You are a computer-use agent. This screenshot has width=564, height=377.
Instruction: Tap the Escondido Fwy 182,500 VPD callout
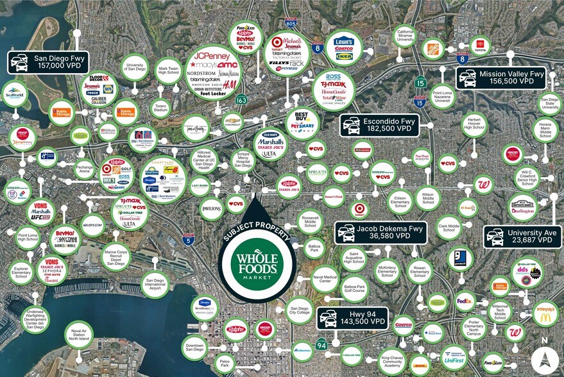click(x=379, y=125)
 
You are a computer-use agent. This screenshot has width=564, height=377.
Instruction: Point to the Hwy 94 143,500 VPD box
click(x=352, y=317)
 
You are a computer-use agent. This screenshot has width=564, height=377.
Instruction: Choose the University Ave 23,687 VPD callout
click(x=524, y=237)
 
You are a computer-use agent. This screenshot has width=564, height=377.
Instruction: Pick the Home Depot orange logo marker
click(x=434, y=48)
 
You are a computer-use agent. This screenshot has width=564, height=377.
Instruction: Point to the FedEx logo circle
click(x=465, y=299)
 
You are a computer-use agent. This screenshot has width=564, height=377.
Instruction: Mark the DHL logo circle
click(x=419, y=362)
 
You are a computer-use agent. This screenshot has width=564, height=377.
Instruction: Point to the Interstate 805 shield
click(x=291, y=24)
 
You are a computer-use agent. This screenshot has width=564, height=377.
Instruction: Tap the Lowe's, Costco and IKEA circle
click(x=344, y=48)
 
